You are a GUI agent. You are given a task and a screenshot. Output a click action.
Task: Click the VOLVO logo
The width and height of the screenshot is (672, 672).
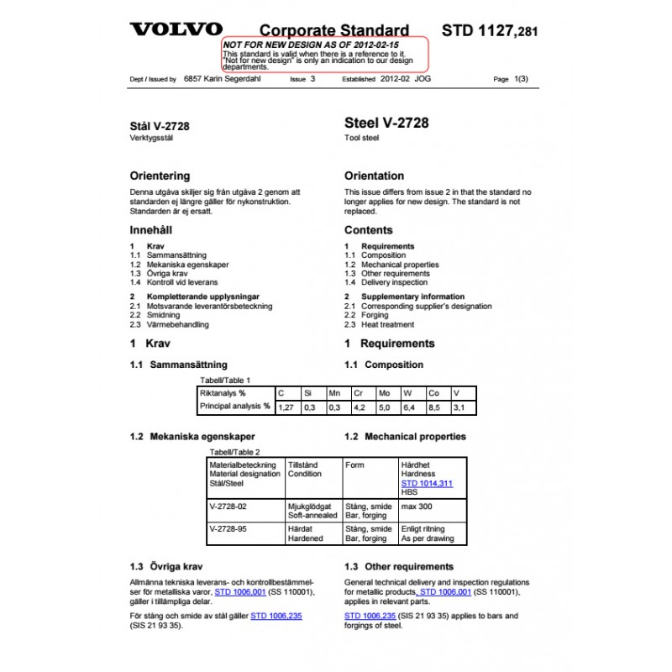pyautogui.click(x=176, y=29)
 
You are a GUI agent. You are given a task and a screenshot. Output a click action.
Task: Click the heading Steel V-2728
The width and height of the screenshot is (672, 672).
pyautogui.click(x=386, y=123)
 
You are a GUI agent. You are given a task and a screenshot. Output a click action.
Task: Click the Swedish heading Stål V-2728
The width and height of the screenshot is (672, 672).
pyautogui.click(x=160, y=126)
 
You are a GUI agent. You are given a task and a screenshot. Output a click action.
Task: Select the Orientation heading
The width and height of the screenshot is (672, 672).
pyautogui.click(x=374, y=176)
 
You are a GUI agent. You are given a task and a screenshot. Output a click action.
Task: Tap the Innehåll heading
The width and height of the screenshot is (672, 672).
pyautogui.click(x=151, y=230)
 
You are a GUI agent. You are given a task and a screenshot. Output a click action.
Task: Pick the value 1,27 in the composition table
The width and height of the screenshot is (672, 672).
pyautogui.click(x=286, y=407)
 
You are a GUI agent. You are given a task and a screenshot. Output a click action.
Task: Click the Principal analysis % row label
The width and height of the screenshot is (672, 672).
pyautogui.click(x=234, y=407)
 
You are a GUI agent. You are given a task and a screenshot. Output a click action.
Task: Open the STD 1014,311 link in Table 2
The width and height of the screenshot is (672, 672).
pyautogui.click(x=427, y=484)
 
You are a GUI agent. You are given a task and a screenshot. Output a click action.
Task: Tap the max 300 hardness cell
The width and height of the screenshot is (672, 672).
pyautogui.click(x=417, y=507)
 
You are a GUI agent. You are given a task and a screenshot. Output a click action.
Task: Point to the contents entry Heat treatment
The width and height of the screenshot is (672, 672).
pyautogui.click(x=387, y=324)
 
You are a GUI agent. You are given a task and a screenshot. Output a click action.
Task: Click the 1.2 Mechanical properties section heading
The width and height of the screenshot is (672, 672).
pyautogui.click(x=405, y=437)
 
